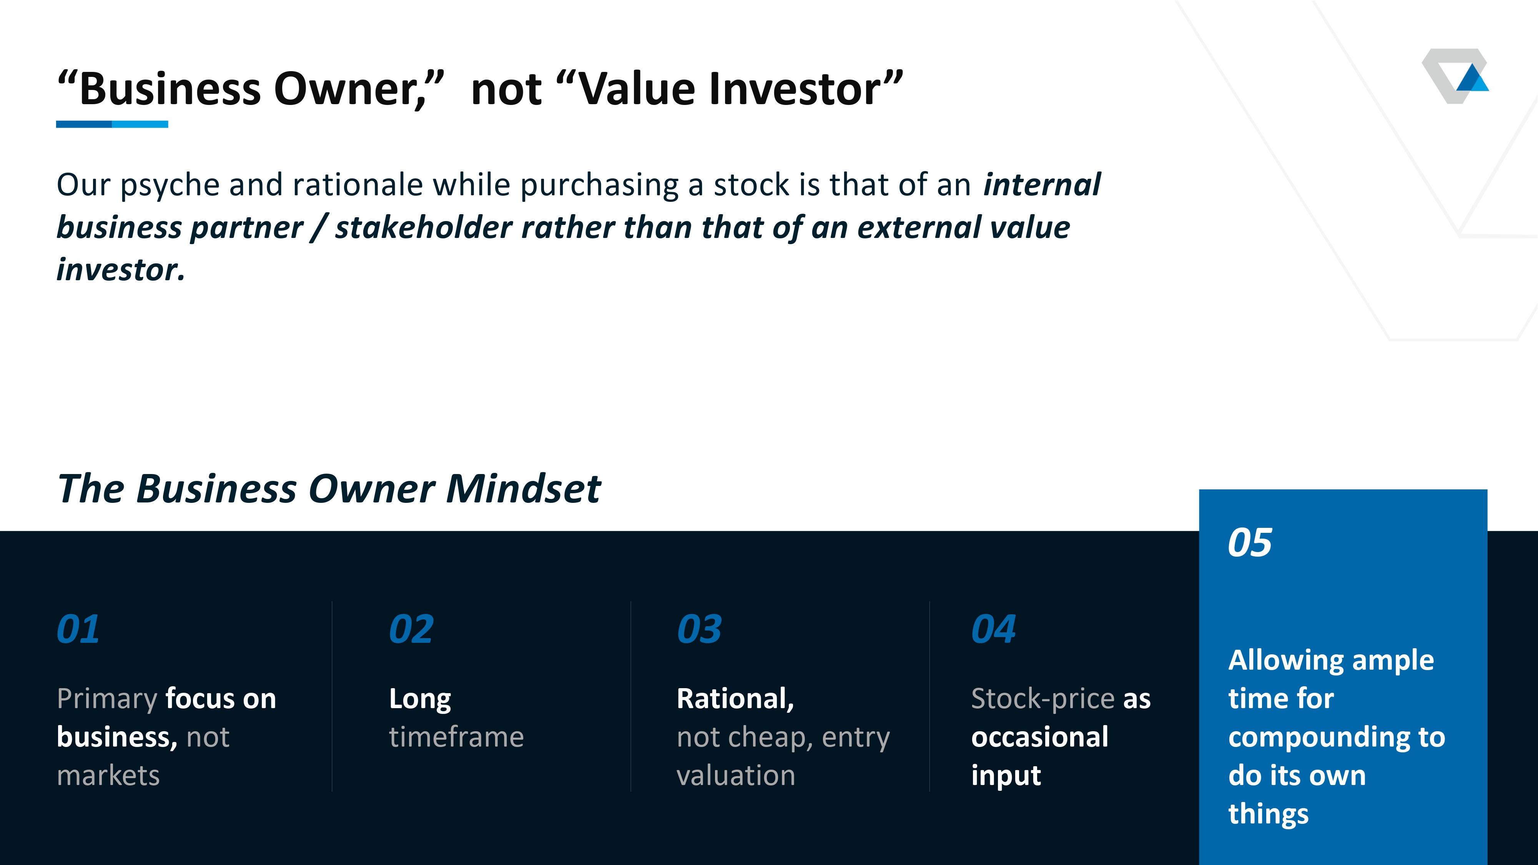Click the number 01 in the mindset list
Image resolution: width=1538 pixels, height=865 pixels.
tap(78, 629)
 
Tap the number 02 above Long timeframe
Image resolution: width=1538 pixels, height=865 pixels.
tap(411, 629)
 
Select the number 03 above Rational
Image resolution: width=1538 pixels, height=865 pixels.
tap(699, 629)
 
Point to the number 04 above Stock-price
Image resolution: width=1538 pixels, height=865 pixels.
tap(993, 629)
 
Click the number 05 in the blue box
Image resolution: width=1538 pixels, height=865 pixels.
tap(1250, 542)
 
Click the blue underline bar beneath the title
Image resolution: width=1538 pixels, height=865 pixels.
tap(112, 124)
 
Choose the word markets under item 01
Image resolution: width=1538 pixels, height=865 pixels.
tap(108, 775)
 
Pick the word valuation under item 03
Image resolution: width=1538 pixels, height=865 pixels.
tap(736, 775)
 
